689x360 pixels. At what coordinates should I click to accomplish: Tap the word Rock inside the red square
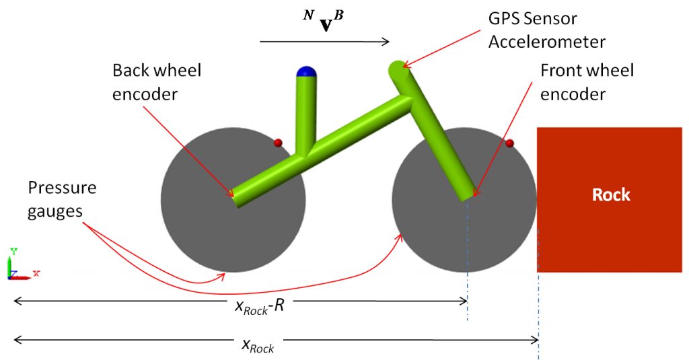pyautogui.click(x=611, y=195)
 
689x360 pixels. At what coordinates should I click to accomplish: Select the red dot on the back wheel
pyautogui.click(x=277, y=143)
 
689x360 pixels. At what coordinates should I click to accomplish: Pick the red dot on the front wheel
pyautogui.click(x=509, y=143)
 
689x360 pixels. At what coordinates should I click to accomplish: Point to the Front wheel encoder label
pyautogui.click(x=587, y=82)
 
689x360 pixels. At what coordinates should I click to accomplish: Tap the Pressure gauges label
pyautogui.click(x=62, y=199)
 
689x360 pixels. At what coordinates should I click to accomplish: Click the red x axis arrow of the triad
pyautogui.click(x=27, y=275)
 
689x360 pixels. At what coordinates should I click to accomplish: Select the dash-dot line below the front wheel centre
pyautogui.click(x=467, y=296)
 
